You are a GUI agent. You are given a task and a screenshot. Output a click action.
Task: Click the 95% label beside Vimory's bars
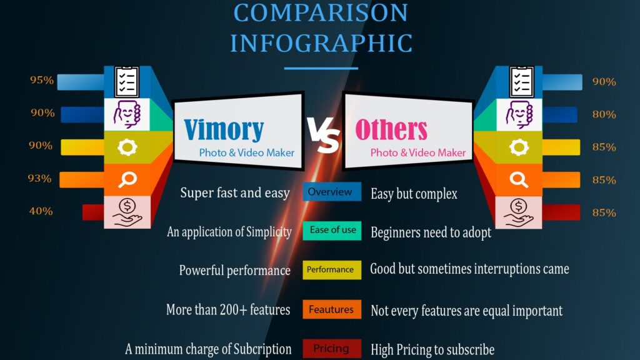pos(42,80)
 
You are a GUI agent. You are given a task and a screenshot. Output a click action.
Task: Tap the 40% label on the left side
pos(41,211)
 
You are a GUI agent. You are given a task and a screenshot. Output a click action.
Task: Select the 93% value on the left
pos(39,178)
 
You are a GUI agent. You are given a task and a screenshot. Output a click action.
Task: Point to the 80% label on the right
pos(604,114)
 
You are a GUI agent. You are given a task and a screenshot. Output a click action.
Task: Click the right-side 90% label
pos(604,82)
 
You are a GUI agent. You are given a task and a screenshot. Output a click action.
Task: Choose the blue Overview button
pos(332,191)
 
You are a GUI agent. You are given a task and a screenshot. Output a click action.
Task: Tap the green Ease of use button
pos(332,230)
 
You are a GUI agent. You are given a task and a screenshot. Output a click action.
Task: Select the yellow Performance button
pos(332,270)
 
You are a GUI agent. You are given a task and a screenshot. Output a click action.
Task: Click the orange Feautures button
pos(332,309)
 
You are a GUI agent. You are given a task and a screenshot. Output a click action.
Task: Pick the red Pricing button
pos(332,349)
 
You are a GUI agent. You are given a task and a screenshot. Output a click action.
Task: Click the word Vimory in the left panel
pos(224,129)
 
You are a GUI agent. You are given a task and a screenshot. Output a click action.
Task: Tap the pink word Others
pos(391,129)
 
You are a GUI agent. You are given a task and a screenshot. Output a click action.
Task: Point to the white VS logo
pos(323,135)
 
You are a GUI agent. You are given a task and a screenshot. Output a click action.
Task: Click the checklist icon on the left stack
pos(127,82)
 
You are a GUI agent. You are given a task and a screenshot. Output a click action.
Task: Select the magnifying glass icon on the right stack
pos(519,179)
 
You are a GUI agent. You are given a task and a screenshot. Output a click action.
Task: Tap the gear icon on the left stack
pos(127,147)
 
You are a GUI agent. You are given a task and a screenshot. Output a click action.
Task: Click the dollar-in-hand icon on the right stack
pos(518,212)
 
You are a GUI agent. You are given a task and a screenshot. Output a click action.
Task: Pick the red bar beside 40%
pos(93,212)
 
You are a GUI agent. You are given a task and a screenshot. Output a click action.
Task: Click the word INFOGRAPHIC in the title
pos(321,44)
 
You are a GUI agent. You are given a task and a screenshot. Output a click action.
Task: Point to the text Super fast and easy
pos(235,192)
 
